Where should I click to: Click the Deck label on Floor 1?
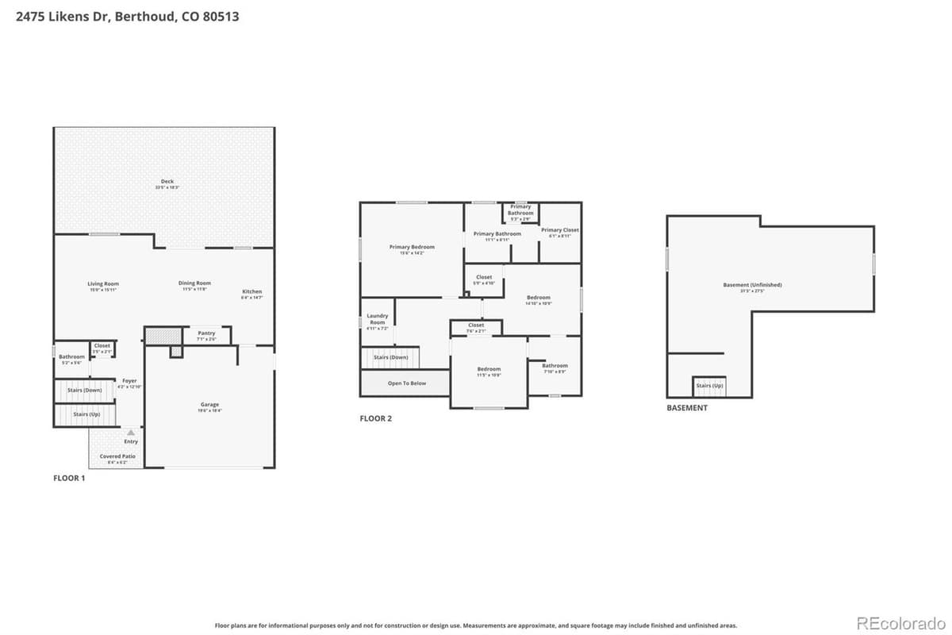(x=167, y=182)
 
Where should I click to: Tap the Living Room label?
(x=103, y=283)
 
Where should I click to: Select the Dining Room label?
(x=194, y=283)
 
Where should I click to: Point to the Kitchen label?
(x=251, y=292)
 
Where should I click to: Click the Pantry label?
(x=206, y=333)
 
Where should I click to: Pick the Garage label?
(x=209, y=405)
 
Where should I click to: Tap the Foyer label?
(x=129, y=381)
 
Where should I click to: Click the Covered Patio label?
(x=117, y=456)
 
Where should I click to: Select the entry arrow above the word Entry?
(x=131, y=433)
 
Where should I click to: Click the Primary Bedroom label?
(x=412, y=248)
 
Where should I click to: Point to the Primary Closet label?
(x=560, y=230)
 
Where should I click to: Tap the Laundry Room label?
(x=378, y=319)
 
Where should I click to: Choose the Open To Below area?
(x=406, y=383)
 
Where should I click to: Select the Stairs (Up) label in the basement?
(x=709, y=386)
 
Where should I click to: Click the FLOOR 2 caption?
(x=376, y=418)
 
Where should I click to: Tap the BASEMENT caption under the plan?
(x=686, y=408)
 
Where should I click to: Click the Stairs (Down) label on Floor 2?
(x=390, y=357)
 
